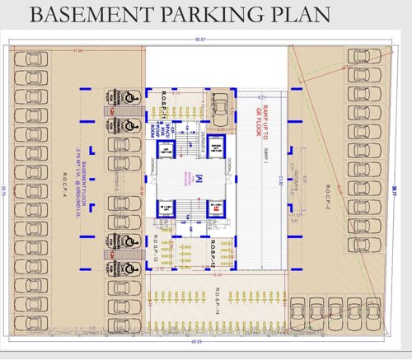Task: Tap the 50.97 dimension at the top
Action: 199,40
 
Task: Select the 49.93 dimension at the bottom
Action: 198,342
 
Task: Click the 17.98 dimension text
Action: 79,51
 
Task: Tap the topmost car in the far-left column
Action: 31,60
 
